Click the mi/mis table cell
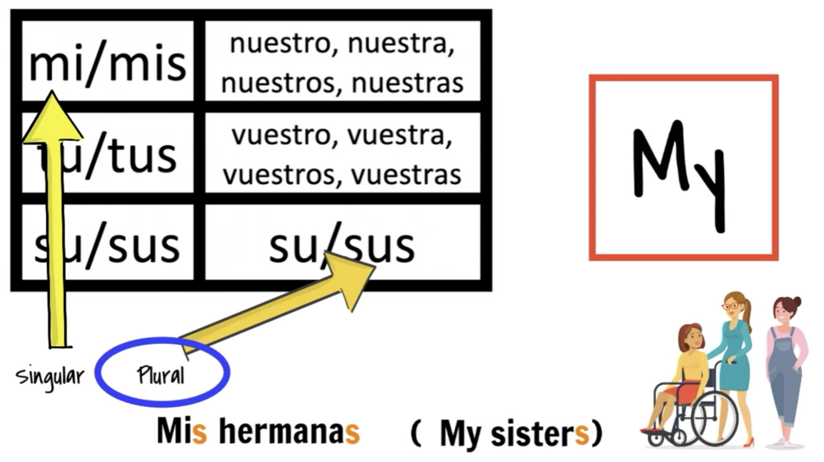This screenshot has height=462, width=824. pos(107,62)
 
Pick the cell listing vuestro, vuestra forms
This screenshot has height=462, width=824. pos(342,154)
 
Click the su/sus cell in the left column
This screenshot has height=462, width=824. pos(107,245)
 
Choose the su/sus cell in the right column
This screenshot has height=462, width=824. pos(342,245)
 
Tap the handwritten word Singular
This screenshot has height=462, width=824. pos(50,377)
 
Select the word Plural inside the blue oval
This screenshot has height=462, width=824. pos(161,376)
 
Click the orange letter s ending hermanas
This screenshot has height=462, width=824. pos(352,432)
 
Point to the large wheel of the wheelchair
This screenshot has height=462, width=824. pos(713,419)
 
